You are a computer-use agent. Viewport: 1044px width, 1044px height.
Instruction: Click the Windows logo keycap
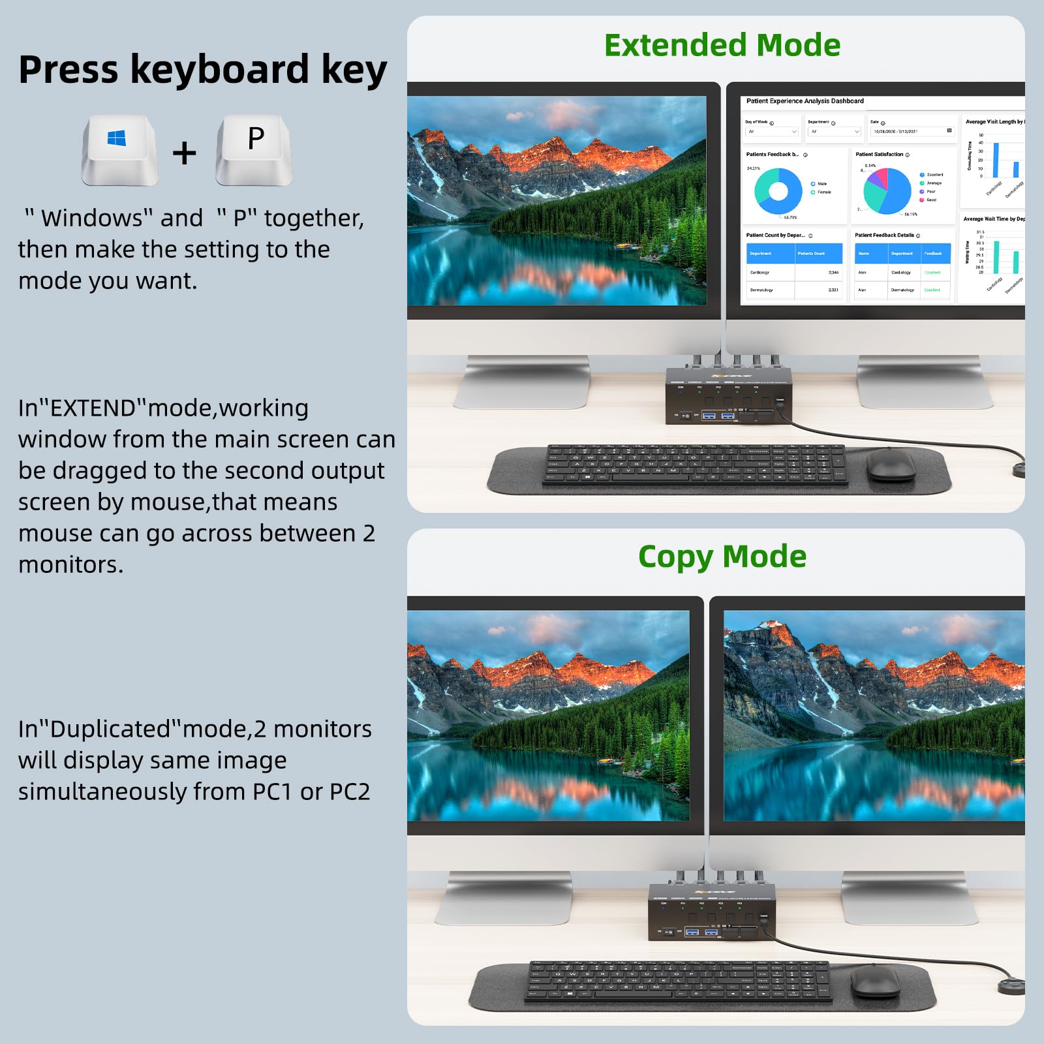tap(119, 148)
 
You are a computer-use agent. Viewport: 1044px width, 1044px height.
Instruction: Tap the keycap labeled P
tap(254, 148)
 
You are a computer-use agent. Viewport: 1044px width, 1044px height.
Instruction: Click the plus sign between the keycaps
tap(185, 153)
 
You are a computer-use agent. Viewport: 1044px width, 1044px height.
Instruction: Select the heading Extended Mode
tap(722, 46)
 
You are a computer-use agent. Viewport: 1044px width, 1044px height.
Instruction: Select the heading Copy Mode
tap(722, 557)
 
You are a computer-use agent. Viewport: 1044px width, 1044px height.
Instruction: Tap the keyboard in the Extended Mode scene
tap(695, 465)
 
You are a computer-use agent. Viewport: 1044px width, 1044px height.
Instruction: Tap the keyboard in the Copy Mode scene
tap(679, 981)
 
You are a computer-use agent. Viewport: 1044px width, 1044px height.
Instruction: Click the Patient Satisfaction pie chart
tap(887, 191)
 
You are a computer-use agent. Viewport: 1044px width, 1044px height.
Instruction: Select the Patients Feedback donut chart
tap(778, 191)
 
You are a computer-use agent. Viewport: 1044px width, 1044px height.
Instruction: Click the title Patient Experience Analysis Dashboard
tap(805, 101)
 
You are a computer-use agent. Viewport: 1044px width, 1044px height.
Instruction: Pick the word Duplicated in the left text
tap(110, 729)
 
